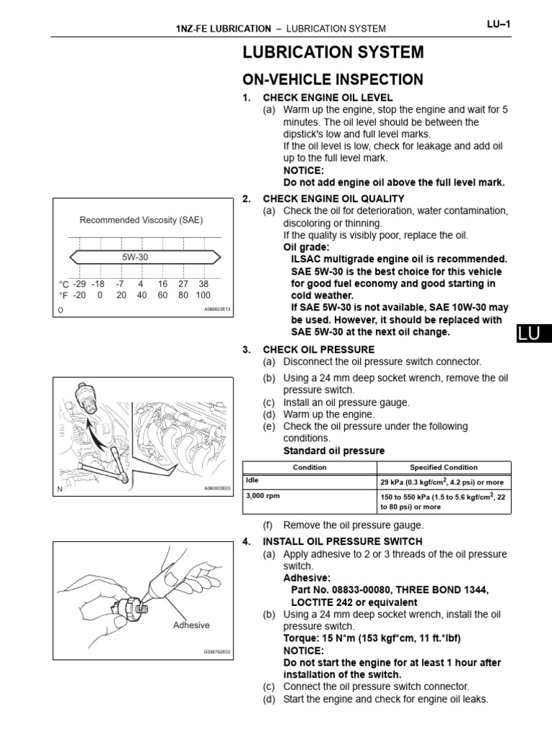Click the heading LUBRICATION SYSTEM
pyautogui.click(x=333, y=52)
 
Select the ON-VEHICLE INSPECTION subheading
pyautogui.click(x=333, y=79)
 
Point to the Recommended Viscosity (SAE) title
pyautogui.click(x=146, y=220)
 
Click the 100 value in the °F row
pyautogui.click(x=203, y=295)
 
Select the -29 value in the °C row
pyautogui.click(x=79, y=284)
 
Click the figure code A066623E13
pyautogui.click(x=216, y=310)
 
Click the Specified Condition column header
pyautogui.click(x=443, y=467)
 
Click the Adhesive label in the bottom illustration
pyautogui.click(x=191, y=625)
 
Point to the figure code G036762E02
pyautogui.click(x=217, y=653)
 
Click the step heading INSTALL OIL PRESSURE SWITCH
pyautogui.click(x=342, y=541)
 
